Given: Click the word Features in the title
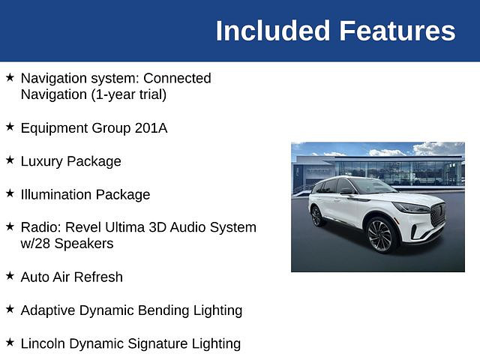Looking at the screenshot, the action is pyautogui.click(x=397, y=31).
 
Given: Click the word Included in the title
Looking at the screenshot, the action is pyautogui.click(x=273, y=31).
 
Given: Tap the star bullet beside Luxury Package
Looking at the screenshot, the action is pyautogui.click(x=10, y=160).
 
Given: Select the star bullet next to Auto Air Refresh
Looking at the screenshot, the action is pyautogui.click(x=10, y=275).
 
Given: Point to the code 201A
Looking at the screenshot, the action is pyautogui.click(x=151, y=128).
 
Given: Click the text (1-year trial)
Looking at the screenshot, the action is pyautogui.click(x=129, y=94).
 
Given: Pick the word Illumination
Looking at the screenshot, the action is pyautogui.click(x=56, y=194).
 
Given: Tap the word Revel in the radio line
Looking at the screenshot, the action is pyautogui.click(x=83, y=227).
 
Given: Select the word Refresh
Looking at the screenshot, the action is pyautogui.click(x=98, y=277).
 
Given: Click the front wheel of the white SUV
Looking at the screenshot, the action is pyautogui.click(x=380, y=235).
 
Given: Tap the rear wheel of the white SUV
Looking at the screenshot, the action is pyautogui.click(x=316, y=216).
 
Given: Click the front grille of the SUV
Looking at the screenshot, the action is pyautogui.click(x=438, y=214).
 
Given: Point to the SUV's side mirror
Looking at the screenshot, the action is pyautogui.click(x=346, y=191).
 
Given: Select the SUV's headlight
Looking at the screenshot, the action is pyautogui.click(x=411, y=208).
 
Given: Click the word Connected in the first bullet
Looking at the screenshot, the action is pyautogui.click(x=177, y=78).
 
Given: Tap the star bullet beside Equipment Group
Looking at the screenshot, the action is pyautogui.click(x=10, y=127).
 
